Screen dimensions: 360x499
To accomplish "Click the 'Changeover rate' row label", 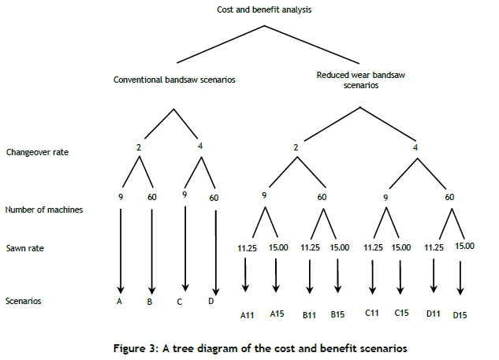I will pos(37,151).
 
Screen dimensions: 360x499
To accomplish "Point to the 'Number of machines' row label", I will pos(43,210).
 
